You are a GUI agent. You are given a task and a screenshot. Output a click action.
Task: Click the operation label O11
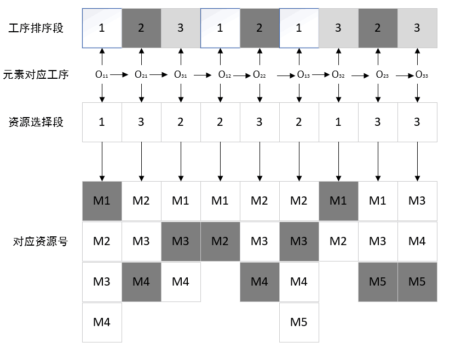click(x=102, y=75)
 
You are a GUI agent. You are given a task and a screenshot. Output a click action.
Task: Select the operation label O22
click(x=259, y=75)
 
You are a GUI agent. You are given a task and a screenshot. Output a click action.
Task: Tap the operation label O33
click(x=422, y=75)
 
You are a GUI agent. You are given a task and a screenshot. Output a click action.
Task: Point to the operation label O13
click(x=303, y=75)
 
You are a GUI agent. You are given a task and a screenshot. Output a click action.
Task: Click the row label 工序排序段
click(x=37, y=28)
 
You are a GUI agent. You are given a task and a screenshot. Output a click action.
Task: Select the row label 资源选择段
click(x=37, y=122)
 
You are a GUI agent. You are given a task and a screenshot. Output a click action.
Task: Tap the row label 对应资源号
click(x=40, y=241)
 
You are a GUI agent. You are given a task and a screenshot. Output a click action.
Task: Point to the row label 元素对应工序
click(x=36, y=75)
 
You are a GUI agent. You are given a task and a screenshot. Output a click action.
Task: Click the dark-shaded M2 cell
click(x=220, y=241)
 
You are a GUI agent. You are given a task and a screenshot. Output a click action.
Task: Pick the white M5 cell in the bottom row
click(x=299, y=322)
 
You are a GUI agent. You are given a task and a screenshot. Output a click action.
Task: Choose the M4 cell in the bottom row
click(x=102, y=322)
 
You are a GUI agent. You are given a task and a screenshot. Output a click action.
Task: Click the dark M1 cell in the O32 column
click(x=338, y=201)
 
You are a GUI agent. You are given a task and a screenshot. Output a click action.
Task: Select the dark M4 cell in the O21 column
click(x=141, y=282)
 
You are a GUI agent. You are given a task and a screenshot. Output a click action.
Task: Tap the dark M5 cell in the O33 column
click(x=417, y=282)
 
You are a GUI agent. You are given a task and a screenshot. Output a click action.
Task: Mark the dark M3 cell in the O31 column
click(x=181, y=241)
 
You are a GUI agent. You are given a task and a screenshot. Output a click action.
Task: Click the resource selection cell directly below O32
click(x=338, y=122)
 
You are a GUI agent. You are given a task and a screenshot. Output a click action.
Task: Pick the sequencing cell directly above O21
click(x=141, y=28)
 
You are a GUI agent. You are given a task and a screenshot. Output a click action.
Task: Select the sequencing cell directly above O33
click(x=417, y=28)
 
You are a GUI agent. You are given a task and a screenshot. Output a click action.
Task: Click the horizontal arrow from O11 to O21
click(x=122, y=75)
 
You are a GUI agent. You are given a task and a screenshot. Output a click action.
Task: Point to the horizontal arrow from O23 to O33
click(x=404, y=75)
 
